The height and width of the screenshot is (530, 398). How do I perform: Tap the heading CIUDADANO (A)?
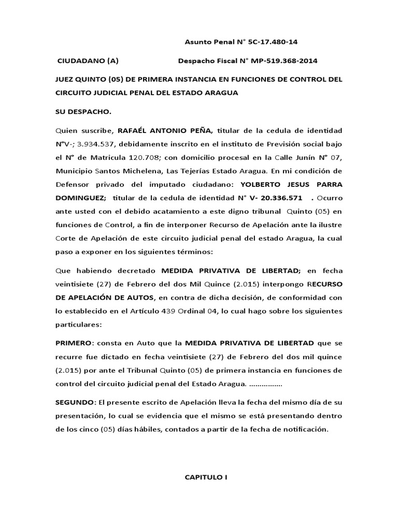(x=88, y=61)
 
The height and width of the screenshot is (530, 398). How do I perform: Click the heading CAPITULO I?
(x=206, y=478)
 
